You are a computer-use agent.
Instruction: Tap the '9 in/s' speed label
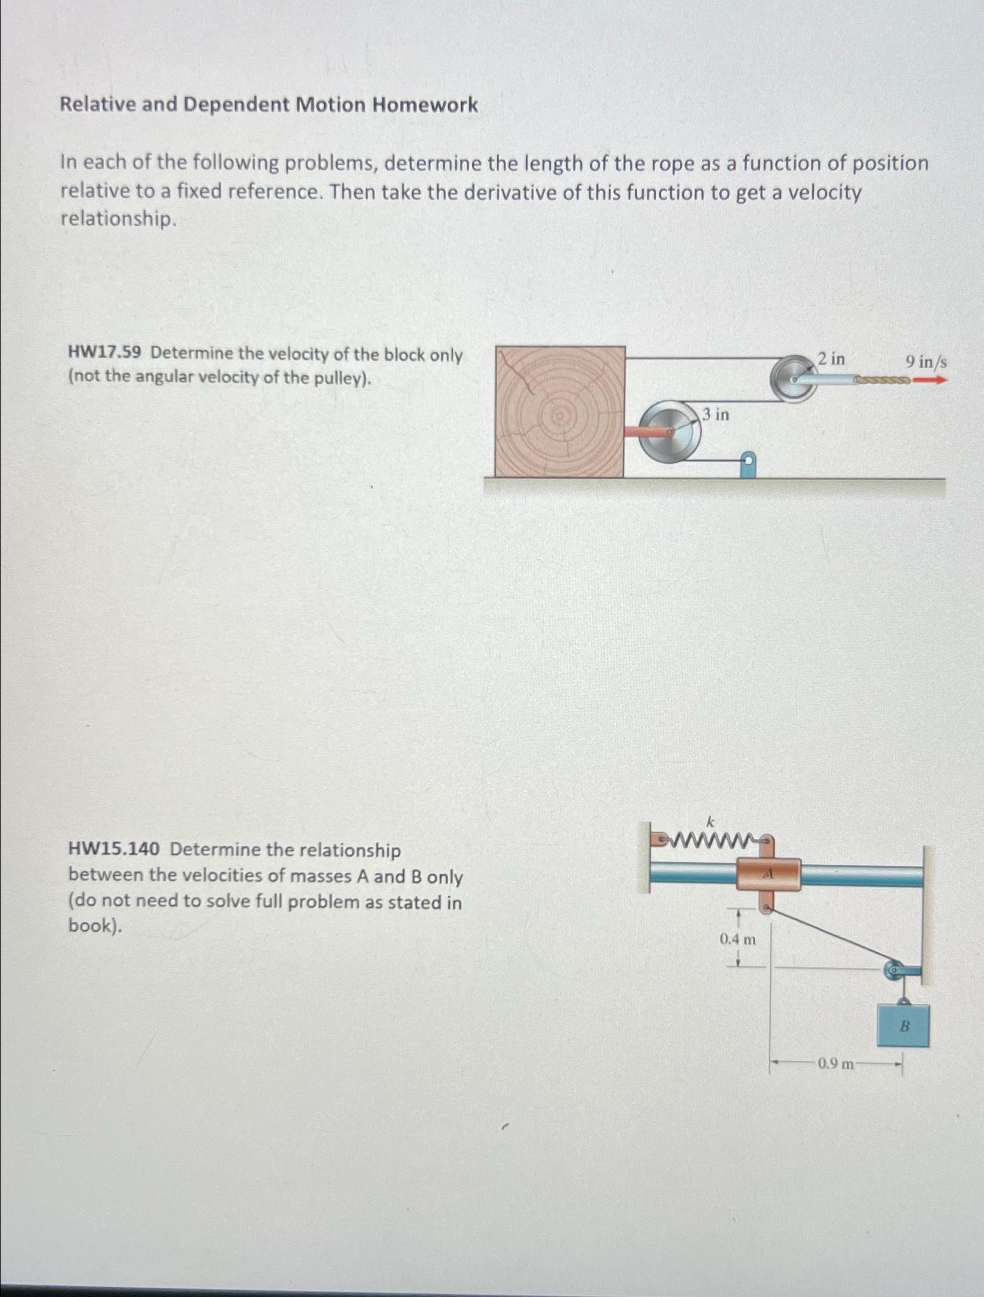(x=926, y=361)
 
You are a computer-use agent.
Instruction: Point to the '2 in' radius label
(x=831, y=358)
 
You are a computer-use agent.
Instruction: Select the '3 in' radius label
(x=716, y=414)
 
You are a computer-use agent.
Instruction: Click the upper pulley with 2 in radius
(x=791, y=379)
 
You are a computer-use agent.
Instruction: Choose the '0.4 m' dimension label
(x=737, y=940)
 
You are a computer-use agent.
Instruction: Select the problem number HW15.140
(x=113, y=850)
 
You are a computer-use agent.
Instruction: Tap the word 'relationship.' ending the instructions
(x=118, y=218)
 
